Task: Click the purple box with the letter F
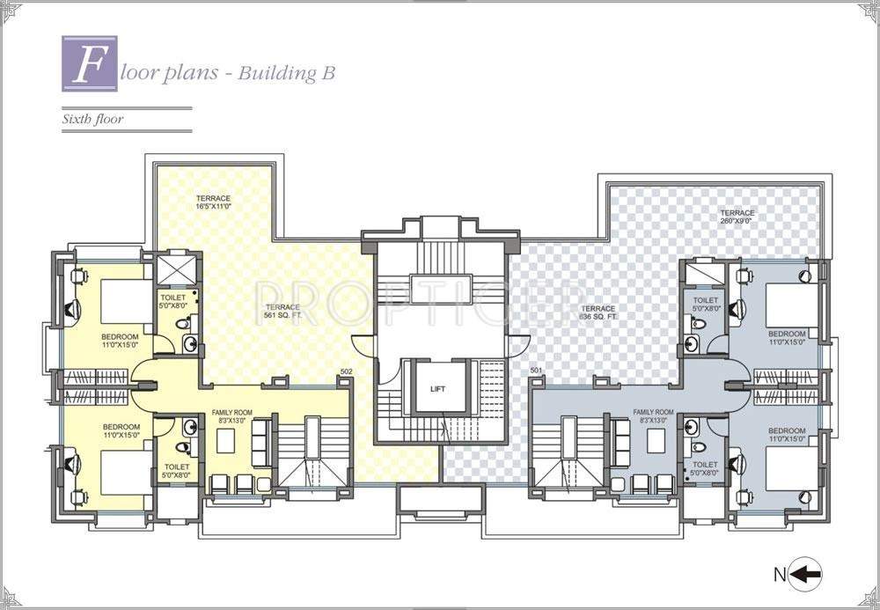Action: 90,63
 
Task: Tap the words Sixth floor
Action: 92,119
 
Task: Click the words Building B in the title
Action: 291,74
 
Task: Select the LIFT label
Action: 437,388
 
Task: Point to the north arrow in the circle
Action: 805,575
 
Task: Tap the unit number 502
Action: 346,372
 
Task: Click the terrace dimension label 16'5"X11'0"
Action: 214,203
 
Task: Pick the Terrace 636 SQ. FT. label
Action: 598,312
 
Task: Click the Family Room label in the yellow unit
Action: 232,416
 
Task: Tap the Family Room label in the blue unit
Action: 653,416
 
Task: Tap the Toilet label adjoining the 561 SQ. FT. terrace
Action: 173,302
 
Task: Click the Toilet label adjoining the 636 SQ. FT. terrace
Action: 707,305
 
